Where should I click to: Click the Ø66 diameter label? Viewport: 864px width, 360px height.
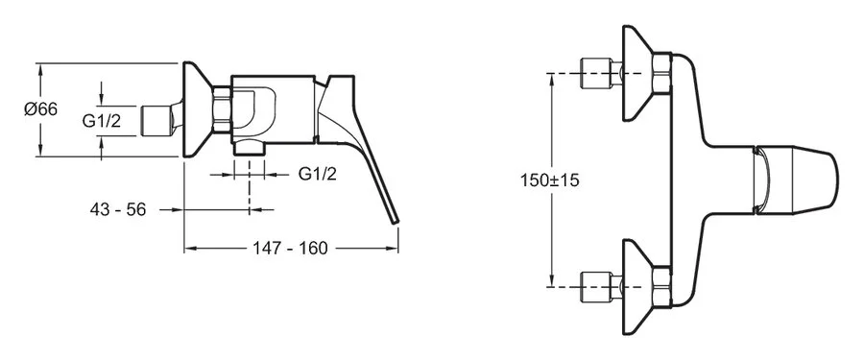[x=40, y=109]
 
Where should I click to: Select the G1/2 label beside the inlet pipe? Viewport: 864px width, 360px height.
[x=102, y=121]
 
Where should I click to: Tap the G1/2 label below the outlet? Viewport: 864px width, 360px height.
[x=318, y=174]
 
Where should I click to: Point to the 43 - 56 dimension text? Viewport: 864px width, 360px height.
[x=118, y=209]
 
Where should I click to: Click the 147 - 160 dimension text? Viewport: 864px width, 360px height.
[x=290, y=248]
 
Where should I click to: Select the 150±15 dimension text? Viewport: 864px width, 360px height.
[x=550, y=180]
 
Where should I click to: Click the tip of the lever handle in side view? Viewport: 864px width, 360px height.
[x=396, y=221]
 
